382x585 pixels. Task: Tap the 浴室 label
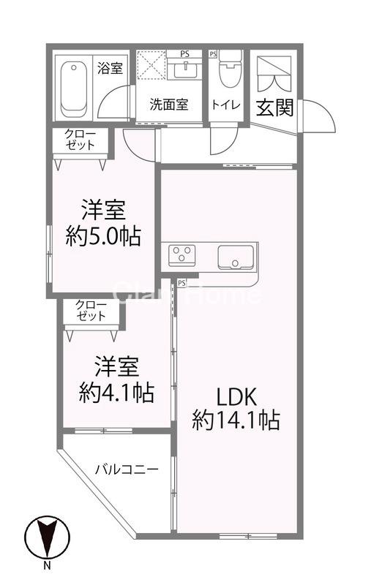[111, 68]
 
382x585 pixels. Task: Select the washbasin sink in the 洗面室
[189, 69]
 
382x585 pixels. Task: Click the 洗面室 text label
[170, 104]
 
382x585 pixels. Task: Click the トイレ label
[226, 105]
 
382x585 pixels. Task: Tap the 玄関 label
[274, 107]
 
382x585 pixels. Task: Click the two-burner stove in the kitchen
[182, 256]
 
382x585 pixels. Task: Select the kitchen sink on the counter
[235, 257]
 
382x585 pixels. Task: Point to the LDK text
[235, 397]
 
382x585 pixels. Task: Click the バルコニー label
[127, 469]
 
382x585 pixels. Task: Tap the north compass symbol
[46, 540]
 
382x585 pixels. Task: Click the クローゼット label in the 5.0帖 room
[80, 139]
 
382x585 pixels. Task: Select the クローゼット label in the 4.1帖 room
[91, 310]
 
